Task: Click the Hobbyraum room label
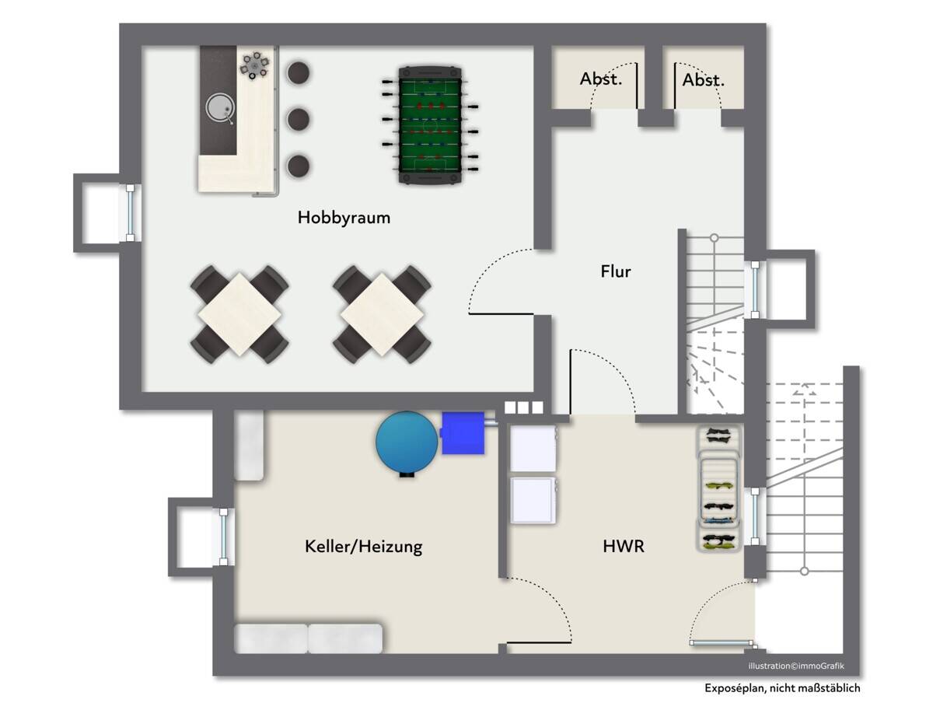click(x=344, y=218)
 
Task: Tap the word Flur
click(x=616, y=271)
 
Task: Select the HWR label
click(x=624, y=546)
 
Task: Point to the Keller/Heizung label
click(x=363, y=547)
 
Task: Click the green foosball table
click(x=430, y=125)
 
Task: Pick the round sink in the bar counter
click(x=220, y=107)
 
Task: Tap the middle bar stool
click(x=299, y=119)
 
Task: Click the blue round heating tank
click(x=406, y=442)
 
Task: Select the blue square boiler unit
click(x=463, y=433)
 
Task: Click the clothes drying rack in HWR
click(x=718, y=488)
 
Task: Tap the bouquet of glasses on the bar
click(x=255, y=66)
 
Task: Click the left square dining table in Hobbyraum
click(x=239, y=314)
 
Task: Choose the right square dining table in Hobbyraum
click(x=382, y=314)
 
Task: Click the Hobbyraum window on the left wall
click(x=130, y=213)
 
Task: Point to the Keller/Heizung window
click(x=223, y=537)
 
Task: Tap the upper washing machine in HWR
click(x=533, y=449)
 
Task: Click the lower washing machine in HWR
click(x=533, y=500)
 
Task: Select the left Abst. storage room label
click(x=601, y=79)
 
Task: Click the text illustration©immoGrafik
click(x=796, y=666)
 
